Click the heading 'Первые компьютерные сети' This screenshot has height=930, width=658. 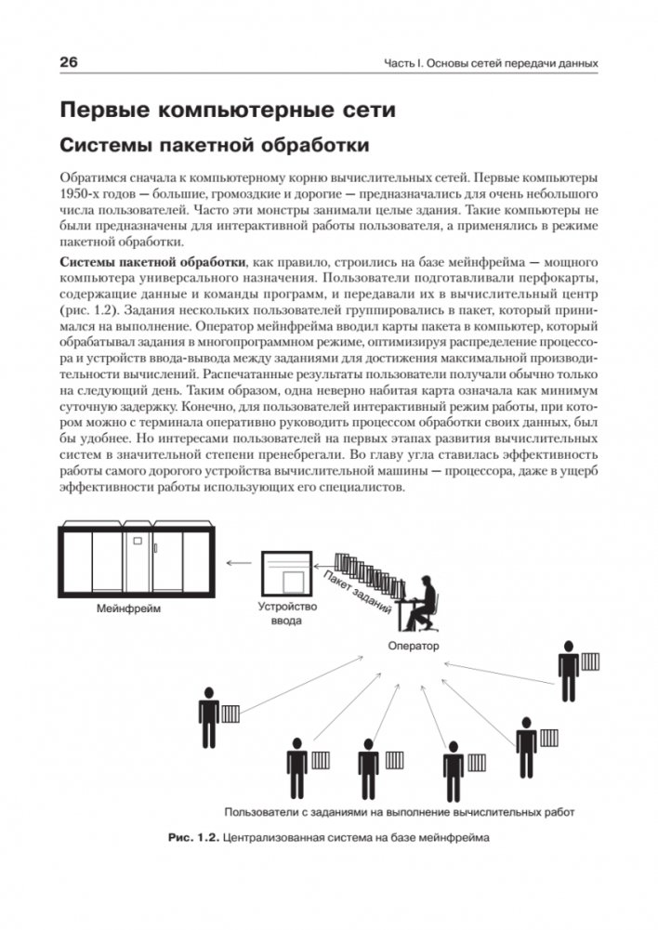pos(228,111)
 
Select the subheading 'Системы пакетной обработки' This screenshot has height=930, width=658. pos(214,147)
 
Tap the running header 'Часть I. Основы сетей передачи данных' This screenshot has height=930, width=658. pos(490,63)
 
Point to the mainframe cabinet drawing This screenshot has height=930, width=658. pos(137,559)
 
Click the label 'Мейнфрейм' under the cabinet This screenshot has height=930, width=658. pos(127,609)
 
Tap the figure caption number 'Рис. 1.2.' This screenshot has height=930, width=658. pos(192,838)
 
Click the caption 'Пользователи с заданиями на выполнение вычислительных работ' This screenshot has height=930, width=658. pos(399,811)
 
